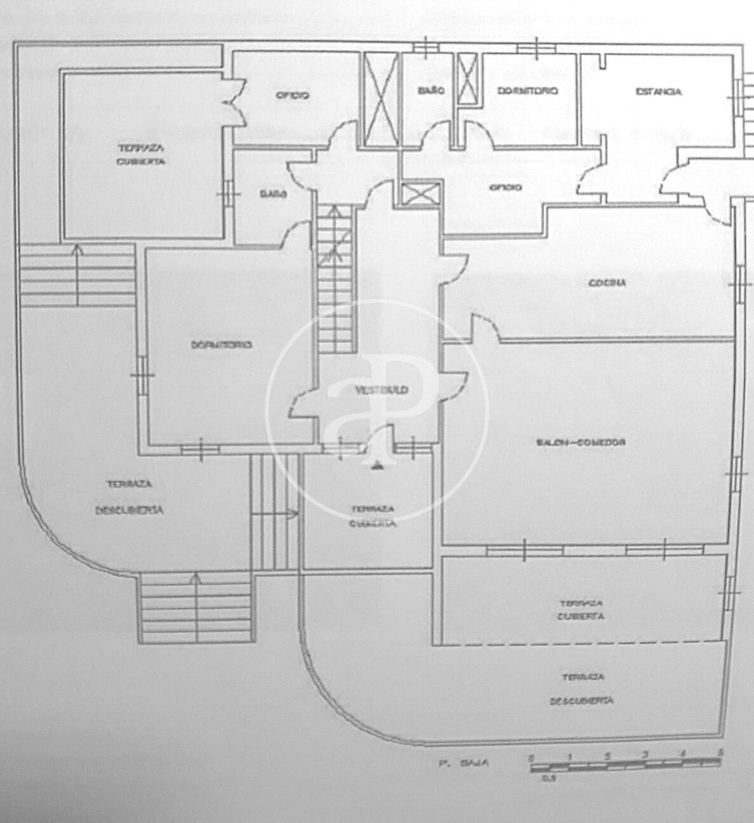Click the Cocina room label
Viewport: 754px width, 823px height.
[x=607, y=283]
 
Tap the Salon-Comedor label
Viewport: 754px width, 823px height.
[x=580, y=443]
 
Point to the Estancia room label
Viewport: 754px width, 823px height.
[x=658, y=91]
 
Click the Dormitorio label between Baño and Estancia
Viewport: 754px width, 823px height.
[x=528, y=91]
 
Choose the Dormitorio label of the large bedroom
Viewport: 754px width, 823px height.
[x=221, y=344]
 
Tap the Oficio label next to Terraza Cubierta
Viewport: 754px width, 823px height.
[x=292, y=95]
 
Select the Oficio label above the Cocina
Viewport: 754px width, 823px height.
[x=505, y=187]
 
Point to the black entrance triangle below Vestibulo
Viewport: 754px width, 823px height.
[x=377, y=466]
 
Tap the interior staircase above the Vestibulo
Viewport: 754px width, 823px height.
[x=335, y=281]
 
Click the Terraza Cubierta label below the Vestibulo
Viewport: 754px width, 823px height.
[x=373, y=516]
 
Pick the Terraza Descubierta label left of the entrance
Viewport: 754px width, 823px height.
[x=129, y=497]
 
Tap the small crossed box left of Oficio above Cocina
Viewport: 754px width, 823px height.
[x=419, y=193]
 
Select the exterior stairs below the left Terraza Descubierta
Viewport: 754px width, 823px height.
[x=196, y=609]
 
